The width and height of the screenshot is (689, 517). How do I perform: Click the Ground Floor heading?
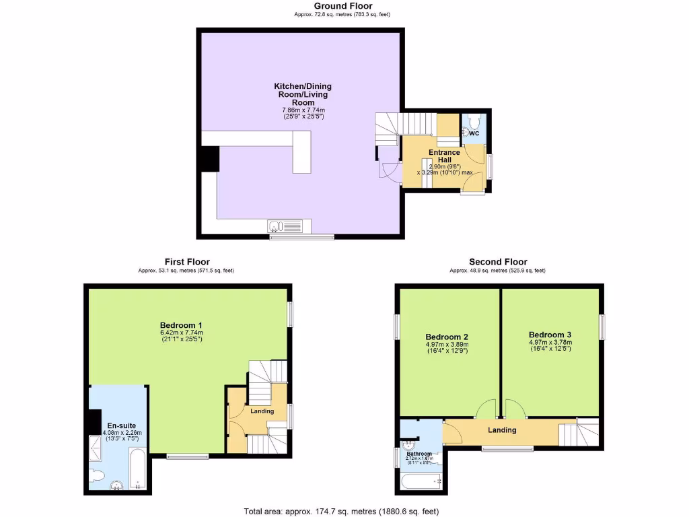(x=342, y=6)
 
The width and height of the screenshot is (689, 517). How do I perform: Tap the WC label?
(x=474, y=133)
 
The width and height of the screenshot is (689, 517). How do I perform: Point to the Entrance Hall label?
(x=444, y=156)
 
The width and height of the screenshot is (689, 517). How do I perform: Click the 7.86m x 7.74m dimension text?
(x=302, y=110)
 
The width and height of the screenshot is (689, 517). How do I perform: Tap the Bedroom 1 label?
(x=182, y=324)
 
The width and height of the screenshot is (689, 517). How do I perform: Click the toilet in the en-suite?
(x=98, y=476)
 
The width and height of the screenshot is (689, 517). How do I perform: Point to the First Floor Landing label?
(x=262, y=411)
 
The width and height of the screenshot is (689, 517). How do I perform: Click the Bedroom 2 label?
(x=447, y=337)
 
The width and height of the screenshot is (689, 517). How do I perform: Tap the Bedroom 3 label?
(x=550, y=335)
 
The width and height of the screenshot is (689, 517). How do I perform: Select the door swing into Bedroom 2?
(x=485, y=409)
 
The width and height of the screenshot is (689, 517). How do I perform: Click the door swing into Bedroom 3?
(x=515, y=409)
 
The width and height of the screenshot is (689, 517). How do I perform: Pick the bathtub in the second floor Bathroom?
(x=420, y=481)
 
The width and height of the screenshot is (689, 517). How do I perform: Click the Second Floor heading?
(x=498, y=262)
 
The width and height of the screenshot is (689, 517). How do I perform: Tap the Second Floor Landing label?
(x=502, y=430)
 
